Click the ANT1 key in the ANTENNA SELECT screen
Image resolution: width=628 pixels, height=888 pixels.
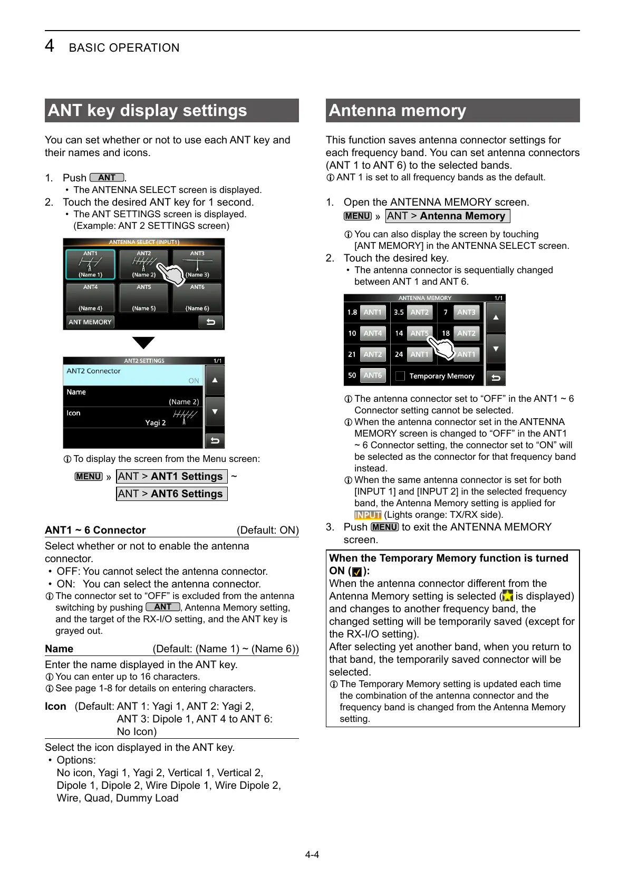pos(90,264)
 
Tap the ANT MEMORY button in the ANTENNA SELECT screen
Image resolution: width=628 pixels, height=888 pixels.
pos(90,322)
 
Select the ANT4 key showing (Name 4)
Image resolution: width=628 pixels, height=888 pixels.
pos(90,298)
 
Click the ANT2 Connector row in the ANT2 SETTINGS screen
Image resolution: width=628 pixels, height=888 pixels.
pos(133,375)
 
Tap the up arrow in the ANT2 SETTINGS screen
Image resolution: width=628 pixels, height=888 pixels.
pos(215,380)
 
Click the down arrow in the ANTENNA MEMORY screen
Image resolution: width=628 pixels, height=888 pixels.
pos(496,349)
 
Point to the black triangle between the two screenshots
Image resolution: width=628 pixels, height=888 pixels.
pos(143,343)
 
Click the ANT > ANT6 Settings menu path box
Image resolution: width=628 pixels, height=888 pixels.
pos(171,494)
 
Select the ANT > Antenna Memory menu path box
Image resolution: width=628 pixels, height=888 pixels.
pos(447,216)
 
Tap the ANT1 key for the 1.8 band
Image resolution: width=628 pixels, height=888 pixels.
pos(372,312)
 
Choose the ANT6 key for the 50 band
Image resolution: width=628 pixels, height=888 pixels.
pos(372,375)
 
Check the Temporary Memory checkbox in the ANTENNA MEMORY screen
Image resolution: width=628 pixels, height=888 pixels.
pos(400,376)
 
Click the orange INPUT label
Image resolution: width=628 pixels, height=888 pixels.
pos(368,515)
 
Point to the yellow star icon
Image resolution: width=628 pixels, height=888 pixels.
pos(507,596)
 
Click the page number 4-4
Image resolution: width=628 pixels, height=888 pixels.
pos(312,854)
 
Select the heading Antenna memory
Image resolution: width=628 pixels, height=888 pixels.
pos(398,111)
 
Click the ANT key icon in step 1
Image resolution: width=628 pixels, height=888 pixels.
pos(107,178)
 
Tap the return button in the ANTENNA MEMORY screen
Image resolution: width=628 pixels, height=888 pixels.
pos(496,378)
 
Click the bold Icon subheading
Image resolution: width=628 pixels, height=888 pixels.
pos(55,706)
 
